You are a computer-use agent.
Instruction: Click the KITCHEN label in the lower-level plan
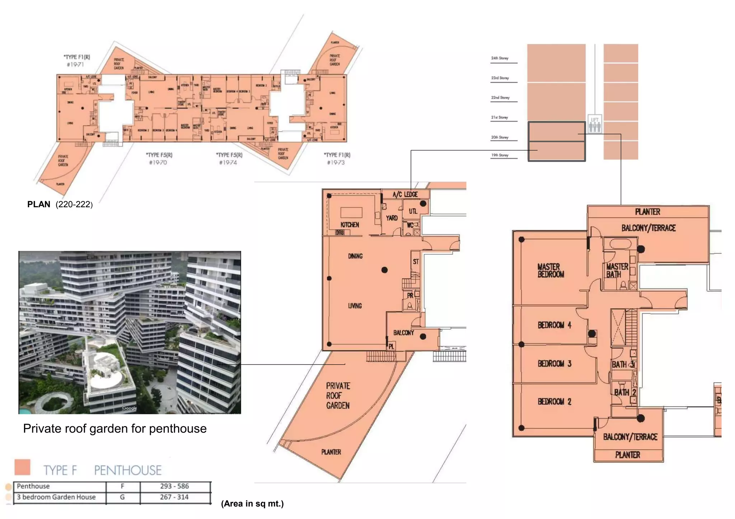pyautogui.click(x=350, y=225)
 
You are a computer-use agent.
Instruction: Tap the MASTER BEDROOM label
pyautogui.click(x=551, y=271)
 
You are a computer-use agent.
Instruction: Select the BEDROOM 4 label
pyautogui.click(x=554, y=325)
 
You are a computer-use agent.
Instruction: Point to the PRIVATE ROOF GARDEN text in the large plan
pyautogui.click(x=338, y=396)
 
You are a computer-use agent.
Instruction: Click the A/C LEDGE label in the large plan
pyautogui.click(x=405, y=195)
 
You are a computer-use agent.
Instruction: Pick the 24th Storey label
pyautogui.click(x=500, y=58)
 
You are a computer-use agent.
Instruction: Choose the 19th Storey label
pyautogui.click(x=500, y=155)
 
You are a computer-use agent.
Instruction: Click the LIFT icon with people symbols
pyautogui.click(x=595, y=124)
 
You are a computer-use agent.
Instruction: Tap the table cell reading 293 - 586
pyautogui.click(x=174, y=486)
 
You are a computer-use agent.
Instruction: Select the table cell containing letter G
pyautogui.click(x=122, y=497)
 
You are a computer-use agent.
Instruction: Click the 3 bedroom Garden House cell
pyautogui.click(x=56, y=497)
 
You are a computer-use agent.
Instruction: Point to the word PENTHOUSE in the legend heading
pyautogui.click(x=128, y=470)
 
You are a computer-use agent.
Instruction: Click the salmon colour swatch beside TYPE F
pyautogui.click(x=22, y=467)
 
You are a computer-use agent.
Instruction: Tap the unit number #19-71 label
pyautogui.click(x=75, y=65)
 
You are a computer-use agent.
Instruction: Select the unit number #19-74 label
pyautogui.click(x=228, y=162)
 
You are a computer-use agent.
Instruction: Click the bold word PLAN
pyautogui.click(x=39, y=204)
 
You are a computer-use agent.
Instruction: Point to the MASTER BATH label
pyautogui.click(x=617, y=271)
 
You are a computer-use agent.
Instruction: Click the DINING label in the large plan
pyautogui.click(x=355, y=256)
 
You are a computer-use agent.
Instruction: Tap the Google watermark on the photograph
pyautogui.click(x=129, y=408)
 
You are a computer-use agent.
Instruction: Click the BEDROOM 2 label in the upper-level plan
pyautogui.click(x=554, y=401)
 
